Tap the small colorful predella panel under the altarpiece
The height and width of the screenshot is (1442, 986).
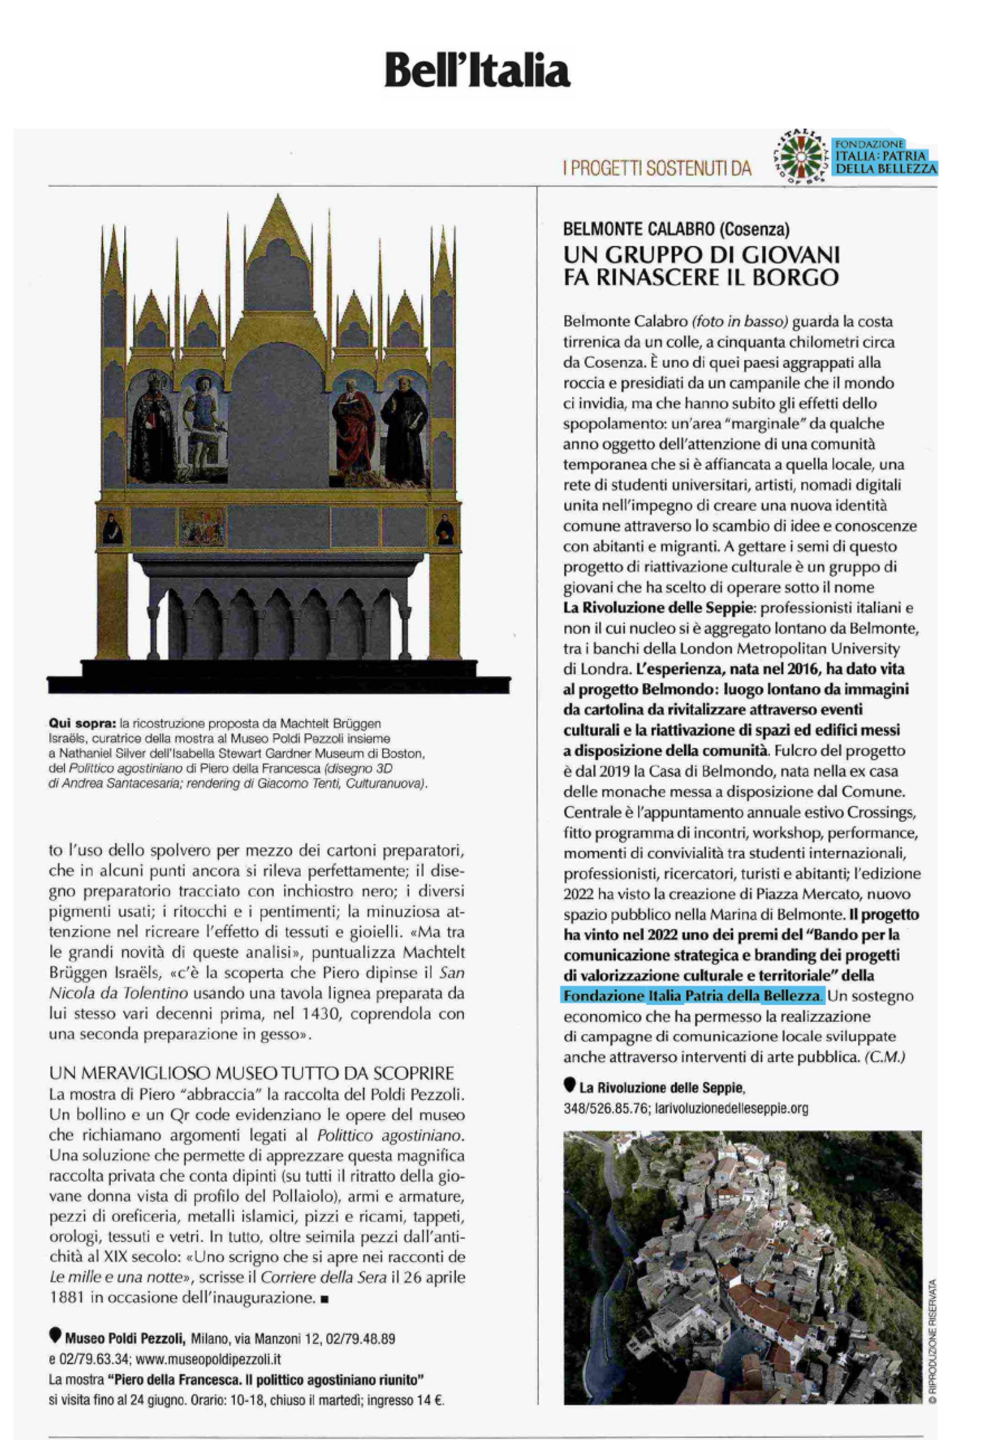[201, 527]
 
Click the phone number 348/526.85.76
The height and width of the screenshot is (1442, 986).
[606, 1108]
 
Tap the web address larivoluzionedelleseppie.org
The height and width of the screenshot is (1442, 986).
[731, 1108]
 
